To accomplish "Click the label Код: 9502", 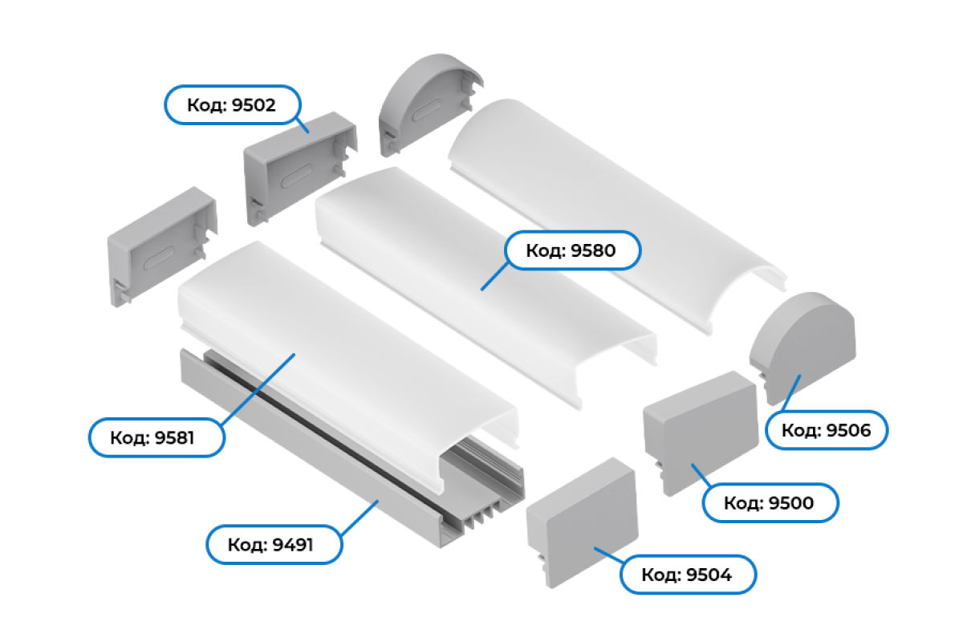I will [x=232, y=105].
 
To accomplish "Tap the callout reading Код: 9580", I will [x=572, y=251].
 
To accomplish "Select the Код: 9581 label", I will [x=155, y=437].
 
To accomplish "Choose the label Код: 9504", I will [x=688, y=575].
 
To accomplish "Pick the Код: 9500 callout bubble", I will [x=770, y=503].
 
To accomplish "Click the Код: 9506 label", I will [x=827, y=431].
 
